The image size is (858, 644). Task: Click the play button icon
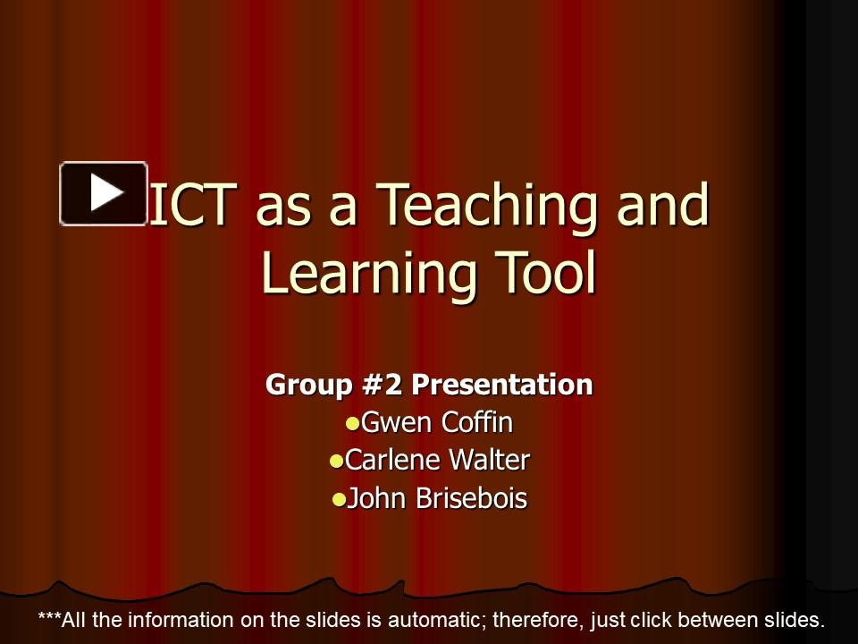click(x=104, y=193)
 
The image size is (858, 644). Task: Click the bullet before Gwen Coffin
click(x=352, y=421)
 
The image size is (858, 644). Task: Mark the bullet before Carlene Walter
click(x=336, y=461)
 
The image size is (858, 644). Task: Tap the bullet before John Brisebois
click(x=339, y=499)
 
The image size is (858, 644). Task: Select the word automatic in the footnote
click(x=448, y=619)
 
